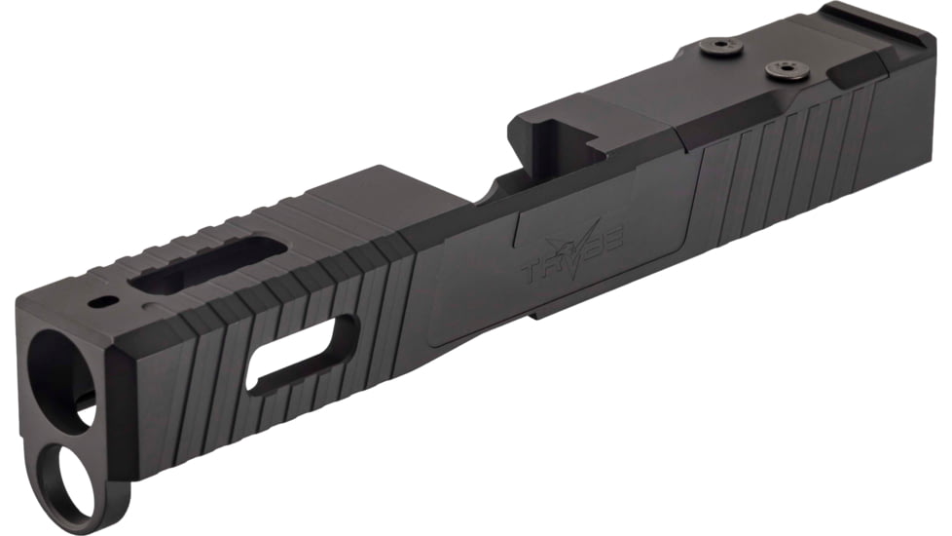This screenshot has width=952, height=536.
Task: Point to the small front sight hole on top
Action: coord(98,304)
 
